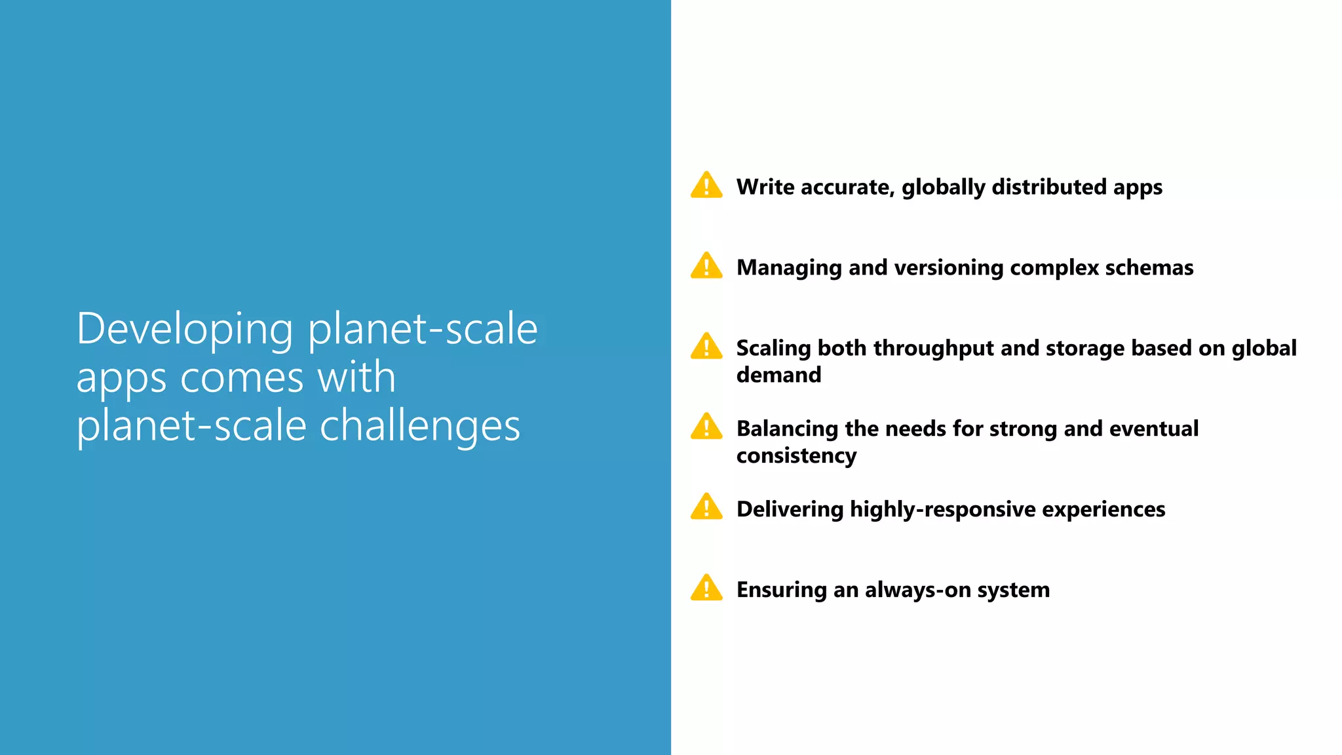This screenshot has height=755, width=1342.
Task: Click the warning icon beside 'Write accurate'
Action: tap(706, 185)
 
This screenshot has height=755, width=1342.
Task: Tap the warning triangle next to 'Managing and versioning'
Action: tap(706, 266)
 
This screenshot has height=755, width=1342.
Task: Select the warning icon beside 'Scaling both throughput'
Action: tap(706, 347)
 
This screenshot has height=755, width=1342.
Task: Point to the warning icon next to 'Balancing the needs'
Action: tap(706, 427)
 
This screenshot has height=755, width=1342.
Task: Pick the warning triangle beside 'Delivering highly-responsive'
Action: tap(706, 508)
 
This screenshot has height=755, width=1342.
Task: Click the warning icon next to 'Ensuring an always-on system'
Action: tap(706, 589)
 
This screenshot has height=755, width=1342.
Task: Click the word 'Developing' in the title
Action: tap(185, 330)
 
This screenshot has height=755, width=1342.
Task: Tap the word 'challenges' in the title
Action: tap(419, 427)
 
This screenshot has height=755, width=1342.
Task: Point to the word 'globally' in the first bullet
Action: tap(944, 188)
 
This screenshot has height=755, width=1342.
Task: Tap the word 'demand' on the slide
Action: tap(778, 375)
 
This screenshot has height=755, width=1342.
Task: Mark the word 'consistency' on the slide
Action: tap(796, 456)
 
